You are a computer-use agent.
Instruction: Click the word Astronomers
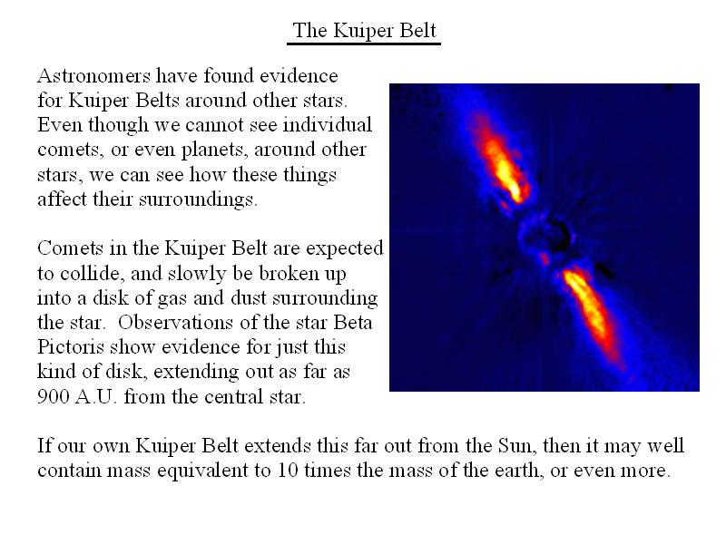pyautogui.click(x=94, y=75)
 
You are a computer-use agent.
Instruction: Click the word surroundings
pyautogui.click(x=198, y=199)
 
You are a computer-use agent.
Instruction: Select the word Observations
pyautogui.click(x=175, y=323)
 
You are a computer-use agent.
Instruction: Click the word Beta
pyautogui.click(x=353, y=323)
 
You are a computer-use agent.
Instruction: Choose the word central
pyautogui.click(x=233, y=396)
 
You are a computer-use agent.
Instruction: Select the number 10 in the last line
pyautogui.click(x=288, y=471)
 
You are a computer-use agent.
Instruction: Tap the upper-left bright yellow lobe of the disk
pyautogui.click(x=504, y=170)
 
